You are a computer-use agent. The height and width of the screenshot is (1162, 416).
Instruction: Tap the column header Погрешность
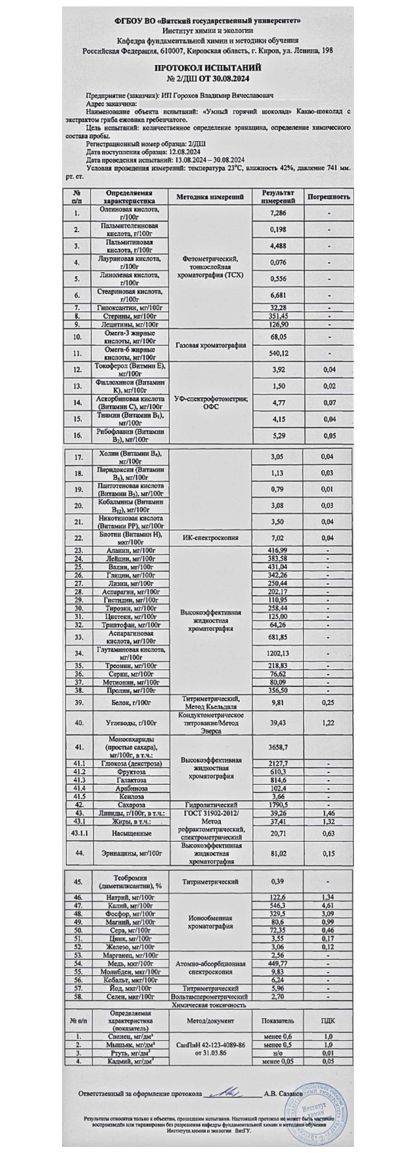pos(328,197)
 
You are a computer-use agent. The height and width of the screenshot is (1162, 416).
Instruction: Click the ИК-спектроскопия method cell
pos(210,538)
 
